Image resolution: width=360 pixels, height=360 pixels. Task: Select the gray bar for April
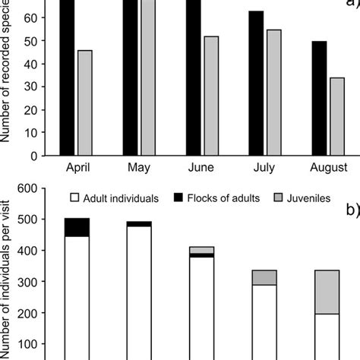85,103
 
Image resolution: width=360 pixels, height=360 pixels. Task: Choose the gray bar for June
210,96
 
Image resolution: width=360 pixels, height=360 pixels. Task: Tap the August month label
328,167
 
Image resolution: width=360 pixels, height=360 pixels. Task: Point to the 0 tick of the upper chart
35,156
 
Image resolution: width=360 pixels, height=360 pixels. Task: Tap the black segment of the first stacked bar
77,227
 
